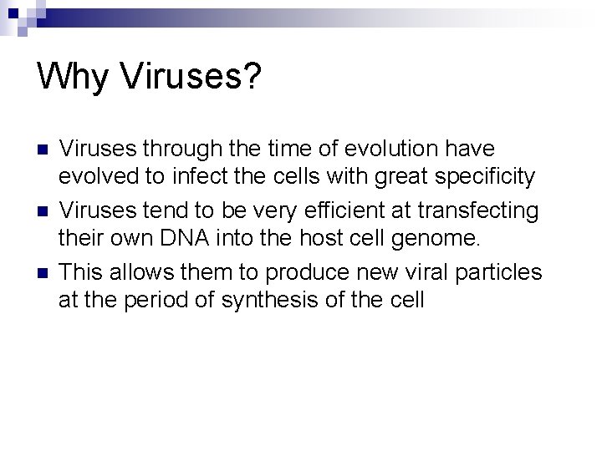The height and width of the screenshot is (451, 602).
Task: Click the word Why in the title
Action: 73,78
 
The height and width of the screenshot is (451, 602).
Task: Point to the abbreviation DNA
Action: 183,238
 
